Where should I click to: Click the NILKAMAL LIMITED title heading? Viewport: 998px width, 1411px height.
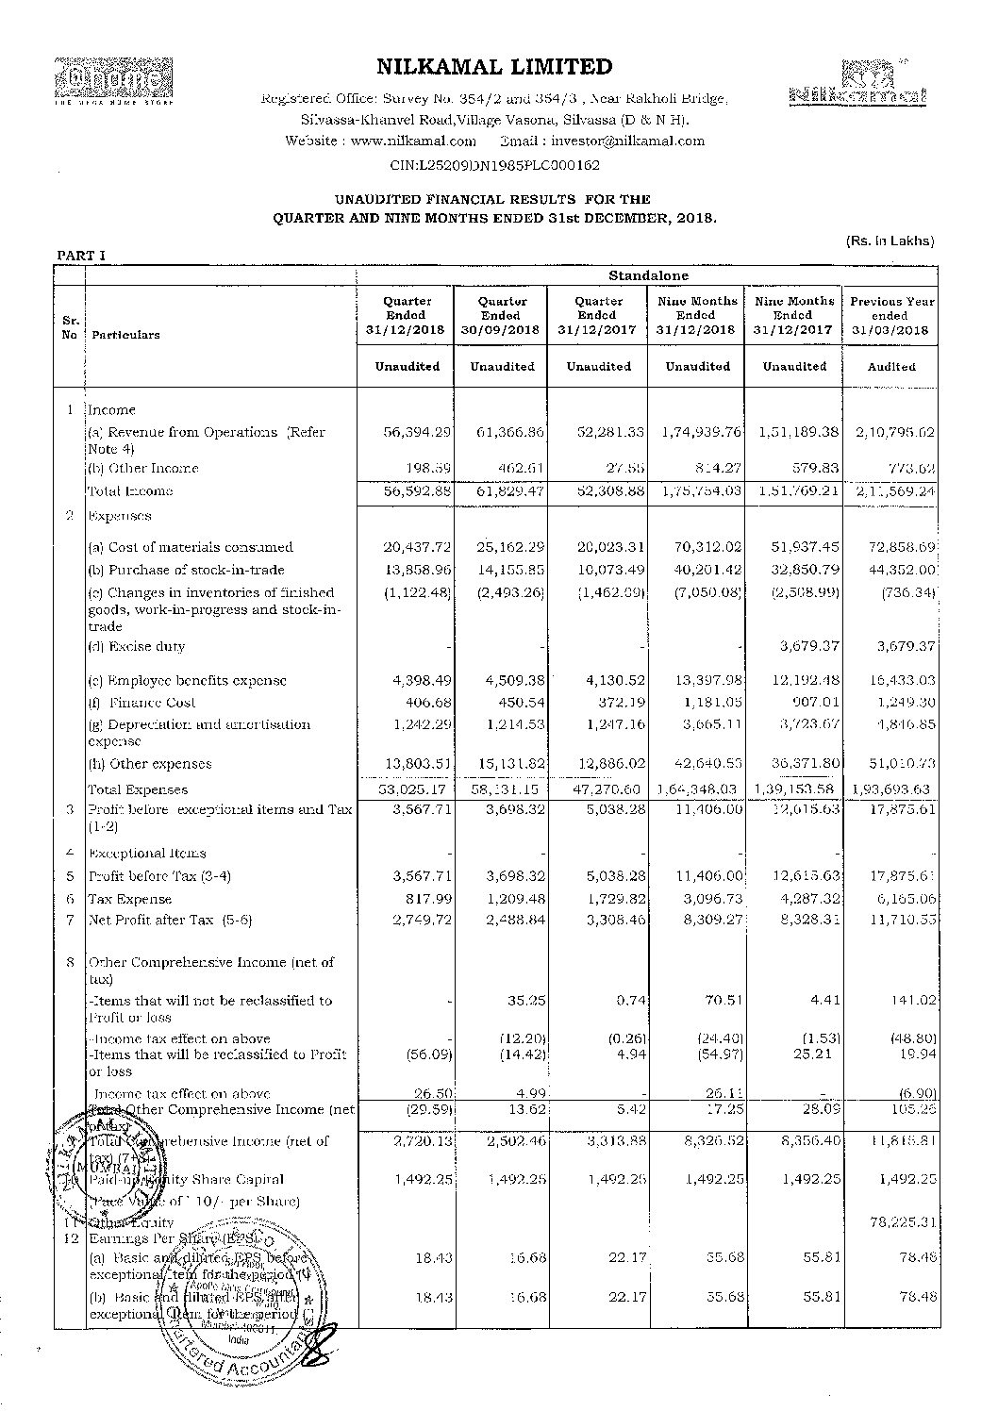(494, 67)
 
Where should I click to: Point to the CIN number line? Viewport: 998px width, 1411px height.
(494, 164)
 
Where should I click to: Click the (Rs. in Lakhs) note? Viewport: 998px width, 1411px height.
(890, 241)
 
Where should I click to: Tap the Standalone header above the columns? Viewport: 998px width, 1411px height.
(647, 276)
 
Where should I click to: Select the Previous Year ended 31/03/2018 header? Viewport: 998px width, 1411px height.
(890, 316)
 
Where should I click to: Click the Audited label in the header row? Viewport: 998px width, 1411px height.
(891, 367)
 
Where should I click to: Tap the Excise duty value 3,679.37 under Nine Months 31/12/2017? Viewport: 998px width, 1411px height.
(795, 647)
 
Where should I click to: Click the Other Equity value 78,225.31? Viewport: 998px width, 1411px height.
(891, 1222)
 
